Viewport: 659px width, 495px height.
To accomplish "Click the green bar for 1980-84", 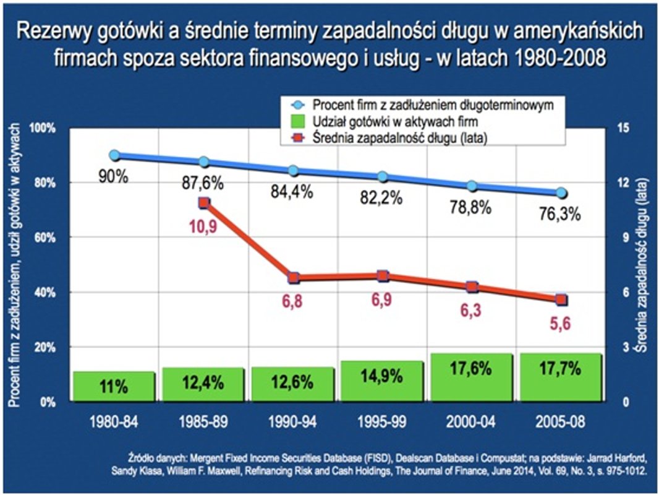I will pyautogui.click(x=114, y=386).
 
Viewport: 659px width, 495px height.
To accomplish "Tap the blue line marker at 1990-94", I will pyautogui.click(x=293, y=171).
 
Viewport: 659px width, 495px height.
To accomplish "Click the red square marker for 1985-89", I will pyautogui.click(x=204, y=202).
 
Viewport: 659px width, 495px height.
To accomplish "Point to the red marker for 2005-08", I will pyautogui.click(x=561, y=299).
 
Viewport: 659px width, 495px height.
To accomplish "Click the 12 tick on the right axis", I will pyautogui.click(x=624, y=183).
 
